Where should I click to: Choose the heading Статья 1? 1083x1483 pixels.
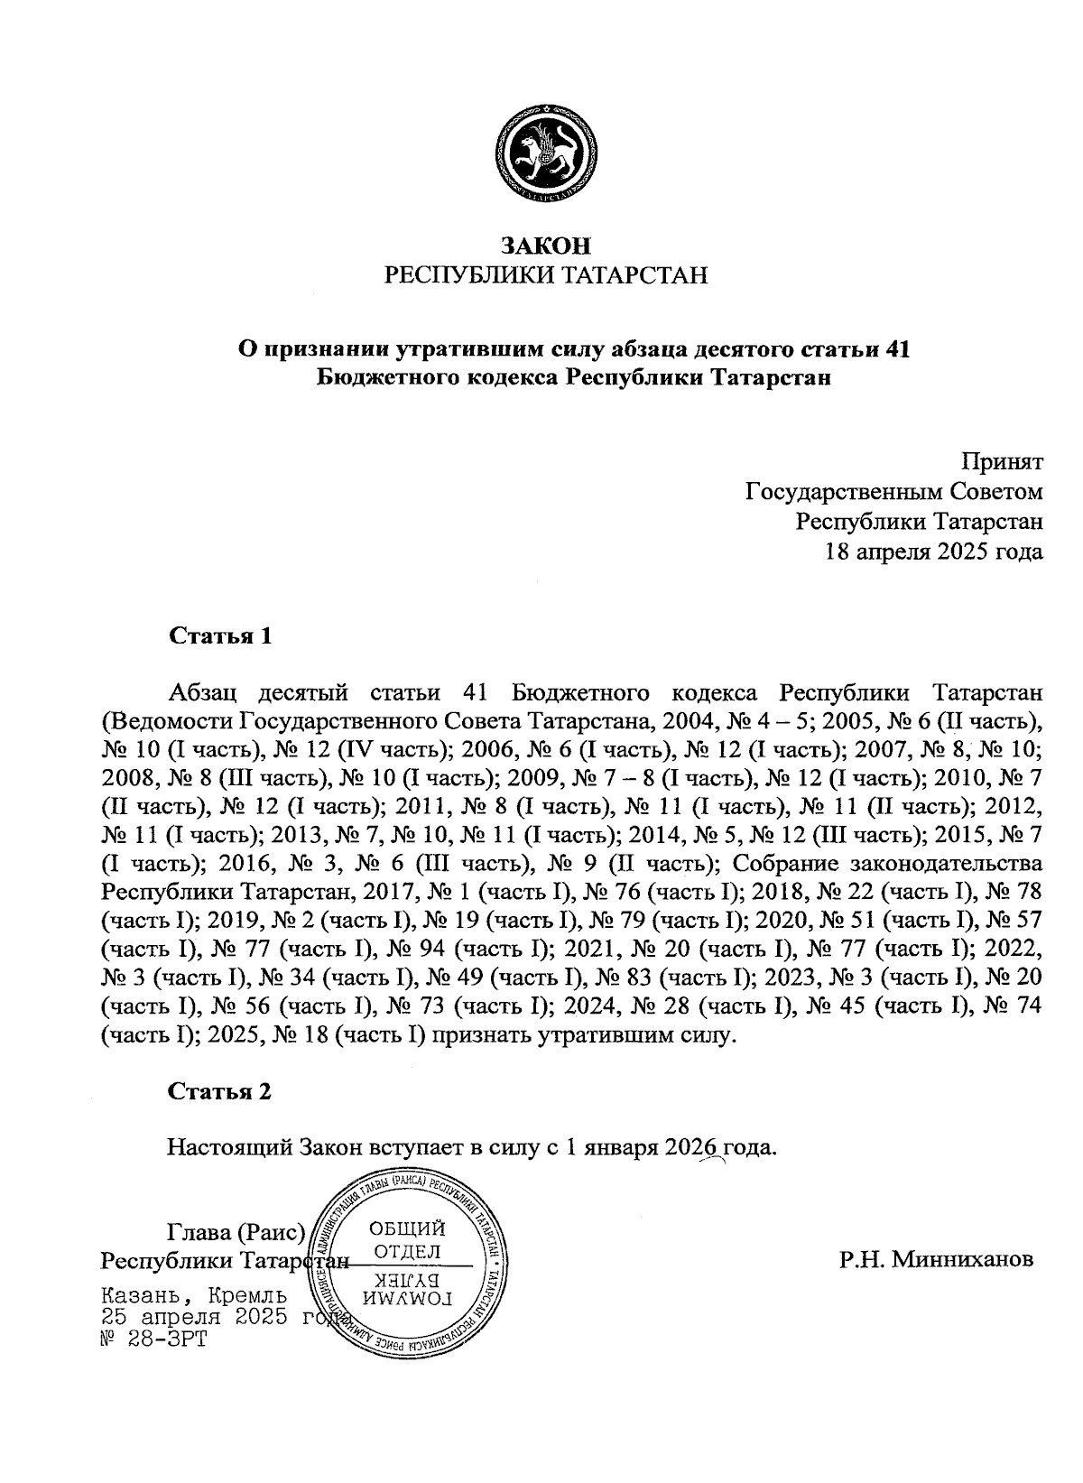tap(219, 635)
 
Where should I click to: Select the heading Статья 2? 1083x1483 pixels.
tap(219, 1091)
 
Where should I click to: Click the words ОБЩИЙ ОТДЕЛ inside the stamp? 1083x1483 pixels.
tap(408, 1239)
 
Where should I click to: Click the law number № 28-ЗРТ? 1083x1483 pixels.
tap(154, 1338)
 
